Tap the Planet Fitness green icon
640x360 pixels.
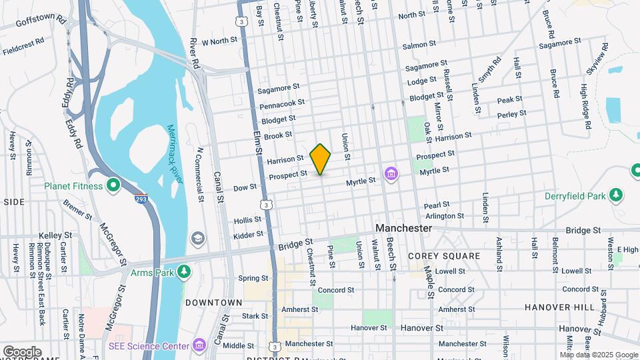click(x=113, y=186)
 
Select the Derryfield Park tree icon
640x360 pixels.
click(x=618, y=195)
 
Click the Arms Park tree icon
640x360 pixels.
click(x=185, y=272)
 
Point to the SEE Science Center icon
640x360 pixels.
click(x=199, y=345)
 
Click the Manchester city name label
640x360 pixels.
click(x=403, y=228)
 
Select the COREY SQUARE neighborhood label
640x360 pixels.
click(x=444, y=256)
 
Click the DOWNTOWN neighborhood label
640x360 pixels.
click(x=213, y=303)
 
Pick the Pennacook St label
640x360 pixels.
click(x=282, y=105)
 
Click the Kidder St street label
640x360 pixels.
click(x=249, y=236)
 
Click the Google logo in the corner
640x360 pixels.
click(x=21, y=352)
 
